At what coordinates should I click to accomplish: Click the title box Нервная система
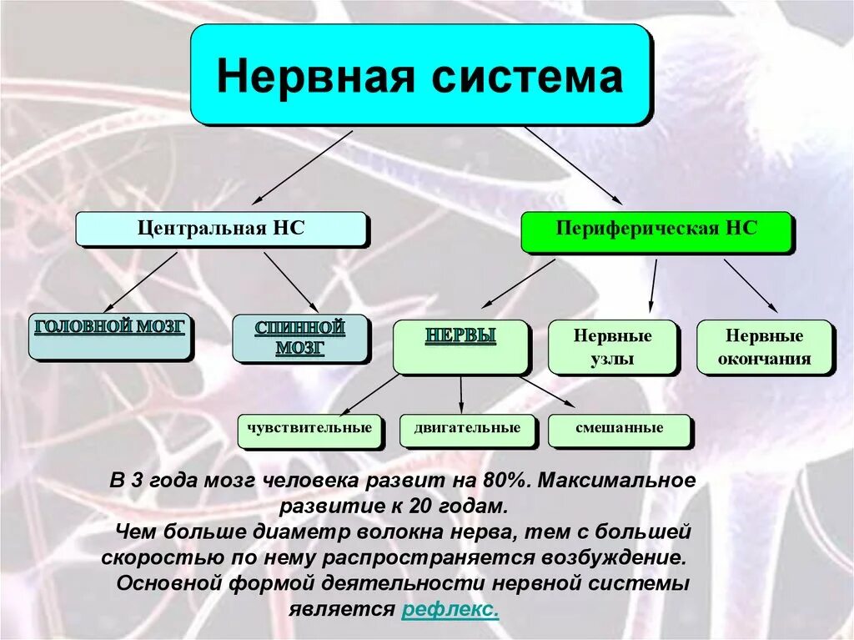tap(419, 75)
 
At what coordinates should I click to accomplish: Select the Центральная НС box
tap(221, 229)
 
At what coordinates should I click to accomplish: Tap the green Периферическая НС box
tap(656, 231)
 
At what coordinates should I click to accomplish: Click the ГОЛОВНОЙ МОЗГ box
tap(109, 335)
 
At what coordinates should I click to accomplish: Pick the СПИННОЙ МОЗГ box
tap(300, 338)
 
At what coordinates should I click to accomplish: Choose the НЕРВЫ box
tap(460, 346)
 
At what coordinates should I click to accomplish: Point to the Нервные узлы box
tap(612, 347)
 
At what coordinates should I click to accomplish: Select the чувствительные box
tap(309, 429)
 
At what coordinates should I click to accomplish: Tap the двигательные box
tap(466, 429)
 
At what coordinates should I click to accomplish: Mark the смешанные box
tap(619, 429)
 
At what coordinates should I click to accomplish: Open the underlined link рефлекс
tap(450, 610)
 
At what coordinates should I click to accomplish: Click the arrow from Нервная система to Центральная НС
tap(302, 167)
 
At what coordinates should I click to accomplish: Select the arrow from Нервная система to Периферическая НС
tap(573, 166)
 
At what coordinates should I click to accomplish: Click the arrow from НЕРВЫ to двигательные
tap(461, 392)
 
